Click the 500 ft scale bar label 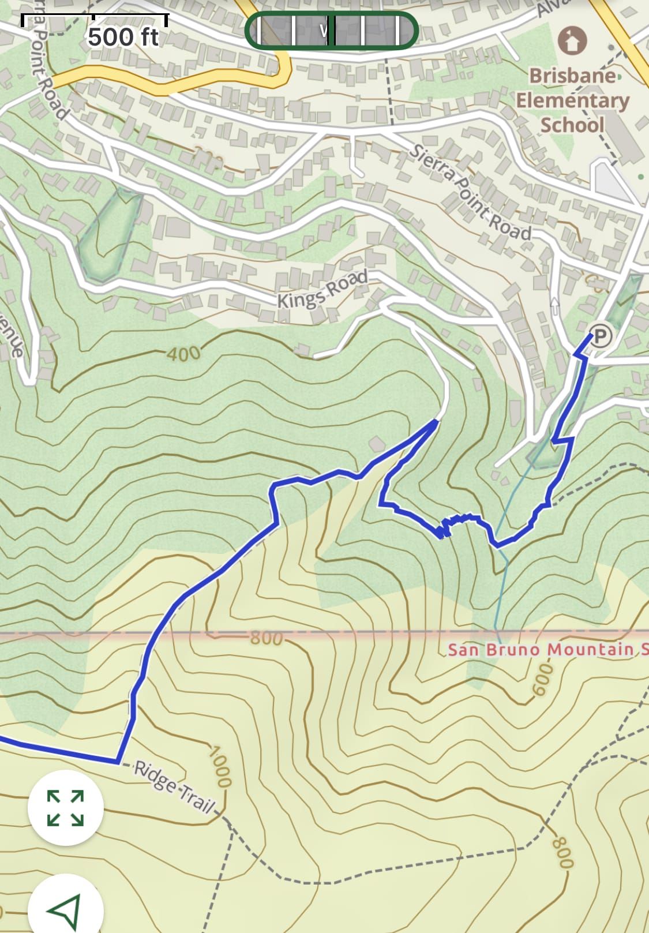pos(123,38)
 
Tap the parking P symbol pos(601,335)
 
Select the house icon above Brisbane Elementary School pos(572,40)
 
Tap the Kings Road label pos(322,290)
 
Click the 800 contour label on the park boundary pos(267,638)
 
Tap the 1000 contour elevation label pos(220,767)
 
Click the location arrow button pos(65,910)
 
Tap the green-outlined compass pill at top pos(331,30)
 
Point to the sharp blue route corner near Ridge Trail pos(118,762)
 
